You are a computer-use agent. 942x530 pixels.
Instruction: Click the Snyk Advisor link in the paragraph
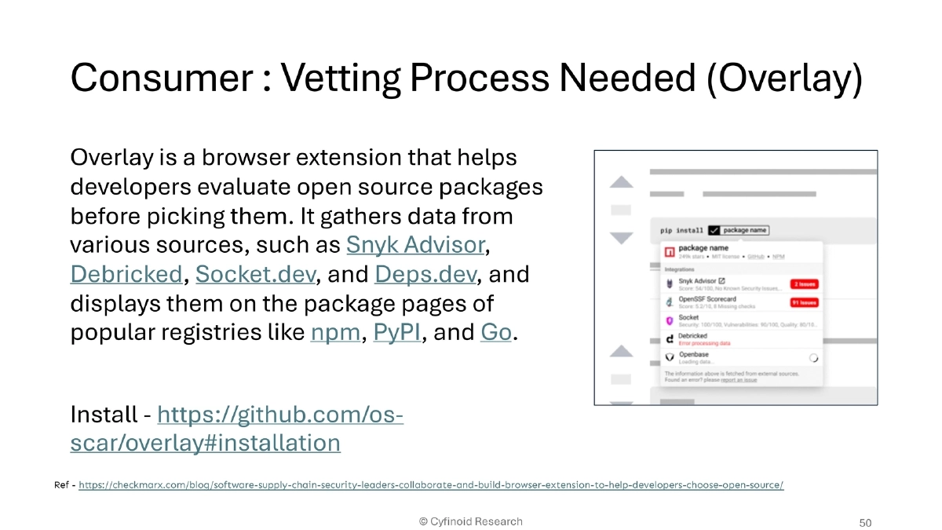pos(415,245)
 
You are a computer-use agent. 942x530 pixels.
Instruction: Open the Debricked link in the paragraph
pos(126,274)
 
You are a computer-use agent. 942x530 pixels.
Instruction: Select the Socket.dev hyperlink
pos(257,274)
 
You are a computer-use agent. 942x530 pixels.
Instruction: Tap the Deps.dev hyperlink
pos(425,274)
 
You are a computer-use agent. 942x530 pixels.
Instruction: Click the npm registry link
pos(334,332)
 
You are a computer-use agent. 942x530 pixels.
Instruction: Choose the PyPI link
pos(397,332)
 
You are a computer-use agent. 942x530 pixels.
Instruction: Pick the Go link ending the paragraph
pos(495,332)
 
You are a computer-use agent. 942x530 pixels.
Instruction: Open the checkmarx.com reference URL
pos(431,484)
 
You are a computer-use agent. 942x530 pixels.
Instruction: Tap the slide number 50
pos(866,522)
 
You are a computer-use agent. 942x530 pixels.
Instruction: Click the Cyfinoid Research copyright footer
pos(470,521)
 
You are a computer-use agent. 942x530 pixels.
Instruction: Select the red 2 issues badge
pos(804,283)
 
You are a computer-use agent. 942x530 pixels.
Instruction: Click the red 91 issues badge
pos(804,302)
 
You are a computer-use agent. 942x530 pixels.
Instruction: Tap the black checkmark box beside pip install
pos(714,230)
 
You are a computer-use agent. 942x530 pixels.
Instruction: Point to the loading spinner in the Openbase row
pos(813,357)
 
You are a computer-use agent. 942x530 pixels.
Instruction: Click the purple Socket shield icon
pos(670,320)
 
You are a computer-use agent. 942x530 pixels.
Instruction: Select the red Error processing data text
pos(704,343)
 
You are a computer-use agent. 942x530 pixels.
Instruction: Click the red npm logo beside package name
pos(670,252)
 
